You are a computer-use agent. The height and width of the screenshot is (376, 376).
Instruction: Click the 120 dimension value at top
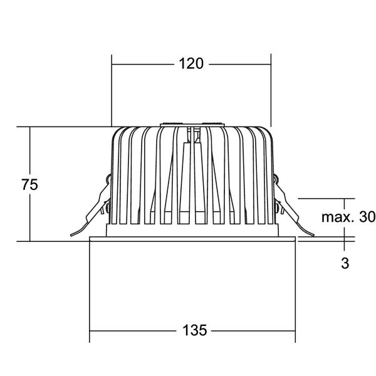click(x=191, y=64)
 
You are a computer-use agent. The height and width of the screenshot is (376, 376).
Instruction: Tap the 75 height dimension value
click(x=29, y=185)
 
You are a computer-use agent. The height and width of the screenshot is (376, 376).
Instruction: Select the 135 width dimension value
click(x=194, y=330)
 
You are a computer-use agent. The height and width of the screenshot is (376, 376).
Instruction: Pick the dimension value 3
click(x=345, y=263)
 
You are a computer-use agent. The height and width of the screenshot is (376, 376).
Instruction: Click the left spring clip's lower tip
click(x=71, y=235)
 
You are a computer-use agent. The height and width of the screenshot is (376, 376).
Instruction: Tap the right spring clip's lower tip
click(x=313, y=235)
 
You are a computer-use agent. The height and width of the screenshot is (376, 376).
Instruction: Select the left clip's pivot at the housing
click(x=108, y=178)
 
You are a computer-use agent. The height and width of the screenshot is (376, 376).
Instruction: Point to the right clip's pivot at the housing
click(x=276, y=178)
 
